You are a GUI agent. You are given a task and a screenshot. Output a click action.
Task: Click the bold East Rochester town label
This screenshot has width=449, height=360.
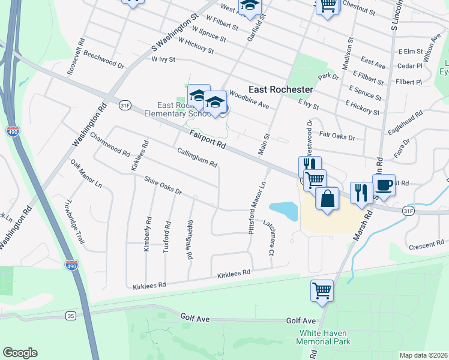[280, 89]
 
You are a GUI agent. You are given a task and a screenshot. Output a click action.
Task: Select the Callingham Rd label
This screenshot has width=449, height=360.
[197, 157]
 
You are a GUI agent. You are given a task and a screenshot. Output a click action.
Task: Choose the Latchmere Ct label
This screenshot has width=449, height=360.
[268, 238]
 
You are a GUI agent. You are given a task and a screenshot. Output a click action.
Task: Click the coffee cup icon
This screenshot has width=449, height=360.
[384, 185]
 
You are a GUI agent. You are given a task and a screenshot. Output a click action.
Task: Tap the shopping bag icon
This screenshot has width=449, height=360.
[327, 199]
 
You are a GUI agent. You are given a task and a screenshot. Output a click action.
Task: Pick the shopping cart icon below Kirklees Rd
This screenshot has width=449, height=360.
[322, 291]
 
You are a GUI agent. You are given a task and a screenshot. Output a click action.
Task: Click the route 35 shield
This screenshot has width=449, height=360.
[71, 315]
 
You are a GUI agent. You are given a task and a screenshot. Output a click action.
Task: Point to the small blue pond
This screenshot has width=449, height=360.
[283, 210]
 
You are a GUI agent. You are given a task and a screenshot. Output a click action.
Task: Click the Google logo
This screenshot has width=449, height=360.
[20, 353]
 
